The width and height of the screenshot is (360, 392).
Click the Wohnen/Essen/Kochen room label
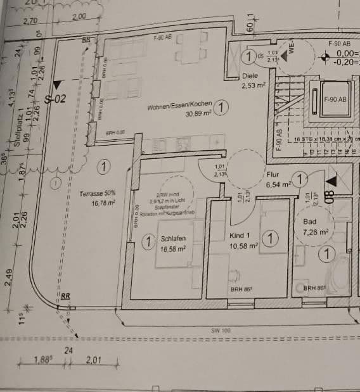pos(179,107)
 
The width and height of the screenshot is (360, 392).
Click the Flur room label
pos(273,175)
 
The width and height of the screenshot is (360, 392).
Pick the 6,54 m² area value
pos(278,184)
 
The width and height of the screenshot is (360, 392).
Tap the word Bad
pos(309,223)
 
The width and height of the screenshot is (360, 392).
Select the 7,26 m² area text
pos(316,232)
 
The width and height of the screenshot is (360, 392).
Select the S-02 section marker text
pos(56,99)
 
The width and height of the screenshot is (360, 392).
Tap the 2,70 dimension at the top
pos(30,21)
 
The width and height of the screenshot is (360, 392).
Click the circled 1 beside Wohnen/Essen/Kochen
pos(220,108)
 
